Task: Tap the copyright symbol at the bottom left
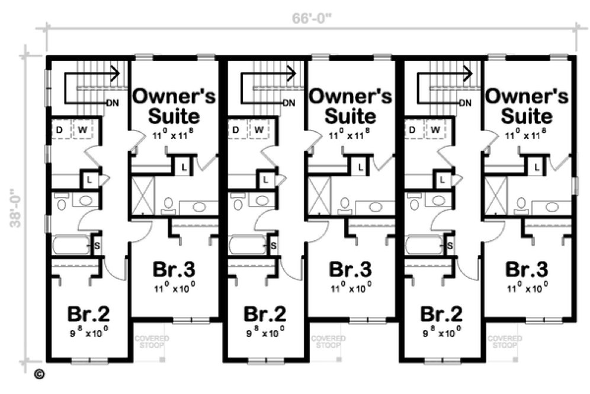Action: (39, 374)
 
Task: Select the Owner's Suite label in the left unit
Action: (174, 104)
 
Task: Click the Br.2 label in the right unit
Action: (442, 313)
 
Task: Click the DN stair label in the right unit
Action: (465, 103)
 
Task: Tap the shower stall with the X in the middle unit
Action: (320, 196)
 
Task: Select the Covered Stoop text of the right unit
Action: (505, 341)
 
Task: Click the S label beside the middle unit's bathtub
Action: (273, 246)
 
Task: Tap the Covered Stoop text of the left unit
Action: (152, 341)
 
